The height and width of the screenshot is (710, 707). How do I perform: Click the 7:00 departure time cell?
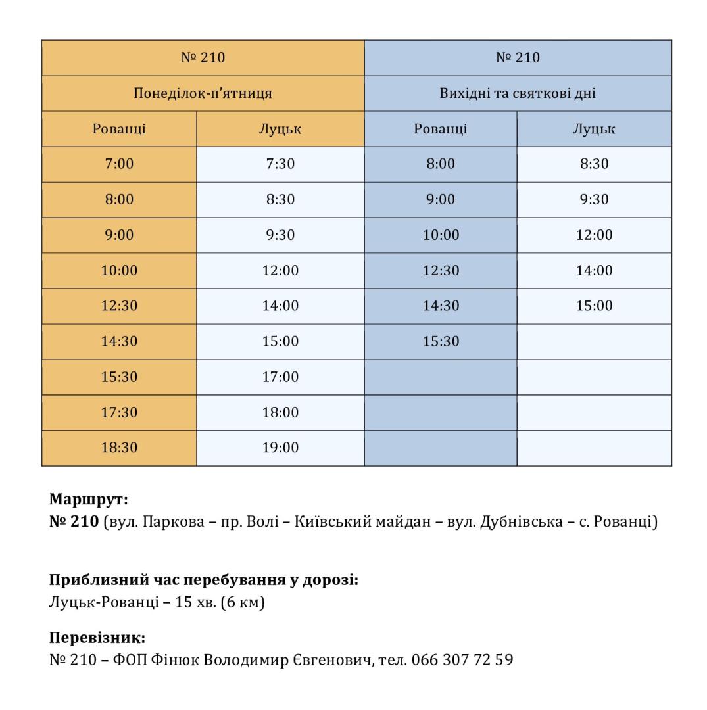[x=119, y=164]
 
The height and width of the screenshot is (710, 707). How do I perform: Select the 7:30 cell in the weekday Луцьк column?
[x=280, y=164]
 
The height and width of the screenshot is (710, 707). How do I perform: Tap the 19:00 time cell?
[x=280, y=448]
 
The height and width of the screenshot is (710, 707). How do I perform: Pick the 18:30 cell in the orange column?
[x=119, y=448]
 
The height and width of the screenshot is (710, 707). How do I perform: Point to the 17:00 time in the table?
[x=280, y=377]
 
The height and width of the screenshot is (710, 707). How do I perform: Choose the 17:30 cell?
[x=119, y=412]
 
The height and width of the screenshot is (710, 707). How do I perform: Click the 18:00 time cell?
[x=280, y=412]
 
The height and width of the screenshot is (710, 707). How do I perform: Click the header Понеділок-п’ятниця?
[x=203, y=93]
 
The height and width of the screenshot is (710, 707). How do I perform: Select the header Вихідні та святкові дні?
[x=518, y=93]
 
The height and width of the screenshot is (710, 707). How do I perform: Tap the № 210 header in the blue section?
[x=518, y=58]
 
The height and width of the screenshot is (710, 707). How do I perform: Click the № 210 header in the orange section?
[x=203, y=58]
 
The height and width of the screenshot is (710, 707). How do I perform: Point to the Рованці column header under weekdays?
[x=119, y=129]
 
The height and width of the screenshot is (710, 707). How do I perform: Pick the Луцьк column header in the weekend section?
[x=594, y=129]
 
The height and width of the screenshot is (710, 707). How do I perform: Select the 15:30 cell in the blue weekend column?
[x=441, y=341]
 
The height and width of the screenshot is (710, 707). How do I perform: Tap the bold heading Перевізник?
[x=97, y=638]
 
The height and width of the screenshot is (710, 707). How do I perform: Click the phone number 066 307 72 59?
[x=462, y=659]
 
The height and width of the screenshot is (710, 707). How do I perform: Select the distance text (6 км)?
[x=243, y=602]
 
